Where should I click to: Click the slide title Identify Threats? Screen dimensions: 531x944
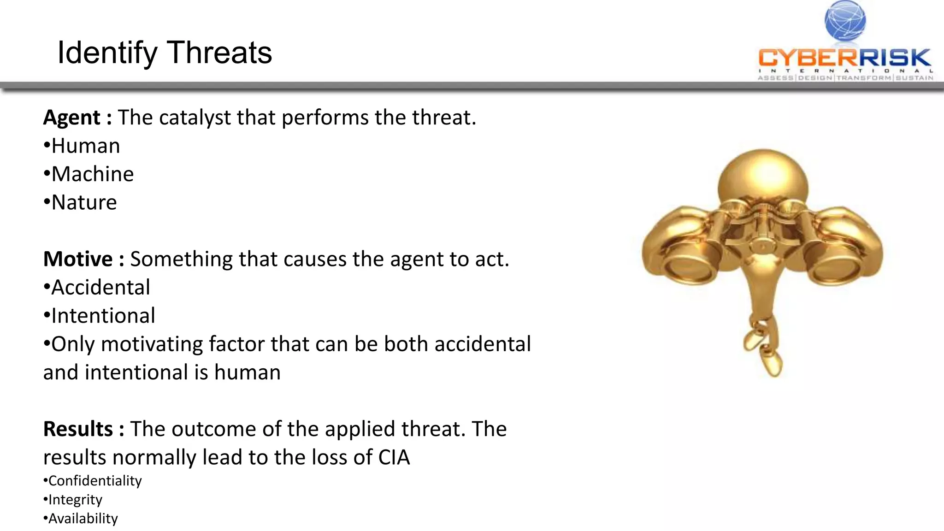coord(165,53)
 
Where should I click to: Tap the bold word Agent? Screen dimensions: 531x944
coord(71,118)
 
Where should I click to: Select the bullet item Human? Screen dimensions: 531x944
coord(85,146)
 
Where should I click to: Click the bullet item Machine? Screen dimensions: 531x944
coord(92,174)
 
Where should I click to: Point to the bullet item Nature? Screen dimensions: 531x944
coord(84,202)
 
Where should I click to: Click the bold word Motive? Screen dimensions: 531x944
coord(78,259)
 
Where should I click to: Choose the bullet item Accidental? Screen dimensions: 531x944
coord(100,288)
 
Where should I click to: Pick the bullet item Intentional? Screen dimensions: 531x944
coord(103,316)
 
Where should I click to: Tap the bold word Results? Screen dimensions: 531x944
coord(78,429)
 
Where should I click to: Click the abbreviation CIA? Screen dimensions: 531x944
coord(394,457)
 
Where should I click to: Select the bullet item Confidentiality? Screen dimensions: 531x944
coord(95,481)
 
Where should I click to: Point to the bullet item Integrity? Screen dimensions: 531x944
coord(75,500)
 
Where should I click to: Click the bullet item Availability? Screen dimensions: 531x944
coord(83,519)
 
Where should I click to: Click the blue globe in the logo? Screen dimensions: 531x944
coord(845,21)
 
